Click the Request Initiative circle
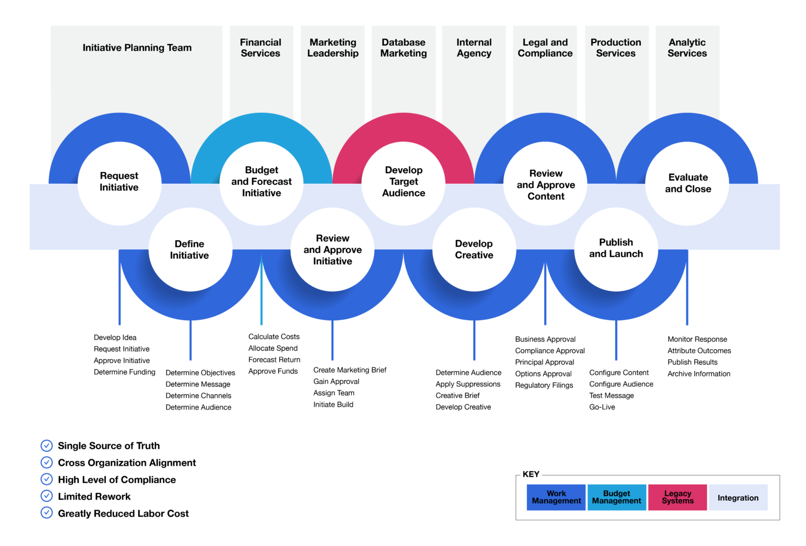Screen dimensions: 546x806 coord(119,182)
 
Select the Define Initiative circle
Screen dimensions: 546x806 coord(189,250)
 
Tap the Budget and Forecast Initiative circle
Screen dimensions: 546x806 coord(261,182)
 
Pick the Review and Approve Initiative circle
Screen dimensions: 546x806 coord(332,250)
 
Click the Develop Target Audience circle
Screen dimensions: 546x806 coord(404,182)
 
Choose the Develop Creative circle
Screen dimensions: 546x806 coord(474,250)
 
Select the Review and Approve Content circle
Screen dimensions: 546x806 coord(546,185)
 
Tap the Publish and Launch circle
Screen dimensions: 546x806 coord(616,249)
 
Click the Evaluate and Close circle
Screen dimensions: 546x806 coord(687,183)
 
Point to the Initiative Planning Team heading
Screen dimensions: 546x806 coord(137,48)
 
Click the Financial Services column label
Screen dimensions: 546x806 coord(261,48)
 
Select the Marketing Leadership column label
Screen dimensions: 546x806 coord(333,48)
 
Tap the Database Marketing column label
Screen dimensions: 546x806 coord(404,48)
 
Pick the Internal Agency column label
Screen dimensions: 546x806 coord(474,48)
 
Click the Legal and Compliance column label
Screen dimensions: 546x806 coord(545,48)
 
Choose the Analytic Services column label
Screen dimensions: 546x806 coord(687,48)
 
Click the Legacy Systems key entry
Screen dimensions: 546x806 coord(677,497)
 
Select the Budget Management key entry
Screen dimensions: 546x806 coord(617,497)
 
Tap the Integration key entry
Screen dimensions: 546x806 coord(738,498)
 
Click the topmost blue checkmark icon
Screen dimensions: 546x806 coord(47,446)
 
